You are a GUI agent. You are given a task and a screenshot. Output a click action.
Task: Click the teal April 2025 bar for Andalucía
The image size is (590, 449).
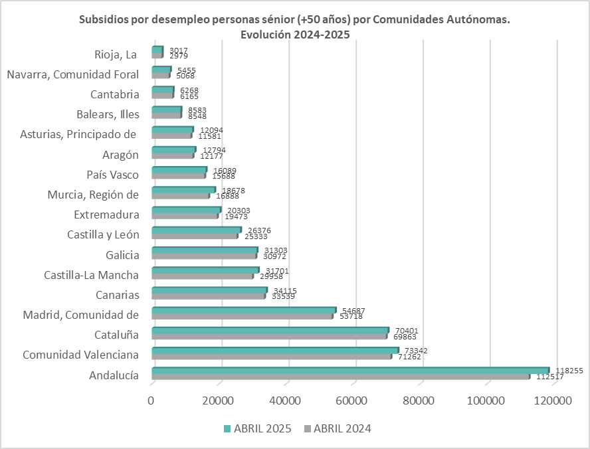(x=351, y=371)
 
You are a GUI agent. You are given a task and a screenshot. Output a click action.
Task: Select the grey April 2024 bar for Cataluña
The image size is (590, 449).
(x=269, y=336)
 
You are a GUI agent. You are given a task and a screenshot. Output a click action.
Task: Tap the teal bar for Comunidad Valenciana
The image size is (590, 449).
(x=275, y=350)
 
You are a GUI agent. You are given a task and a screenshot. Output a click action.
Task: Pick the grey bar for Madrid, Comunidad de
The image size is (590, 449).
(x=242, y=316)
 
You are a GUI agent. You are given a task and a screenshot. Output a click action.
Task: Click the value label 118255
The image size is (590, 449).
(x=569, y=371)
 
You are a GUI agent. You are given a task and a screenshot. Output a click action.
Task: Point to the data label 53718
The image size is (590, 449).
(x=353, y=316)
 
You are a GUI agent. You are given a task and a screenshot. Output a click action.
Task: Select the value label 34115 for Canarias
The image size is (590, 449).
(x=286, y=290)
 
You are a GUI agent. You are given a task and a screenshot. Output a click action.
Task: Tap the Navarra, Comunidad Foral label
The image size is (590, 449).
(x=73, y=74)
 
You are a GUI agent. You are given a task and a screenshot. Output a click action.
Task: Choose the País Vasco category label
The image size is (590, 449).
(x=113, y=175)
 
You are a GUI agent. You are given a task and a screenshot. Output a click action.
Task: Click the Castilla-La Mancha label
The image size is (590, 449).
(x=92, y=275)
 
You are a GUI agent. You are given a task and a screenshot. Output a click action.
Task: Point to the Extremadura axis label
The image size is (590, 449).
(x=107, y=215)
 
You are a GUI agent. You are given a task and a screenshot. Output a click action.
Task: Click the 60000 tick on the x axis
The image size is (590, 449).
(x=355, y=401)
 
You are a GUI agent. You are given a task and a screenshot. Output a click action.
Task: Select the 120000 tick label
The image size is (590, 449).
(x=554, y=401)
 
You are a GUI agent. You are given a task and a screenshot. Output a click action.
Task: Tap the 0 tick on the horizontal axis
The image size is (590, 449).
(x=151, y=401)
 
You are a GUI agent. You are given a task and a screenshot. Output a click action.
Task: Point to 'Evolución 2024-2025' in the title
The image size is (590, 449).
(x=295, y=35)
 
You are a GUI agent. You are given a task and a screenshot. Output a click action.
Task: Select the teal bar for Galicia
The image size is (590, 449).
(x=205, y=250)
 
